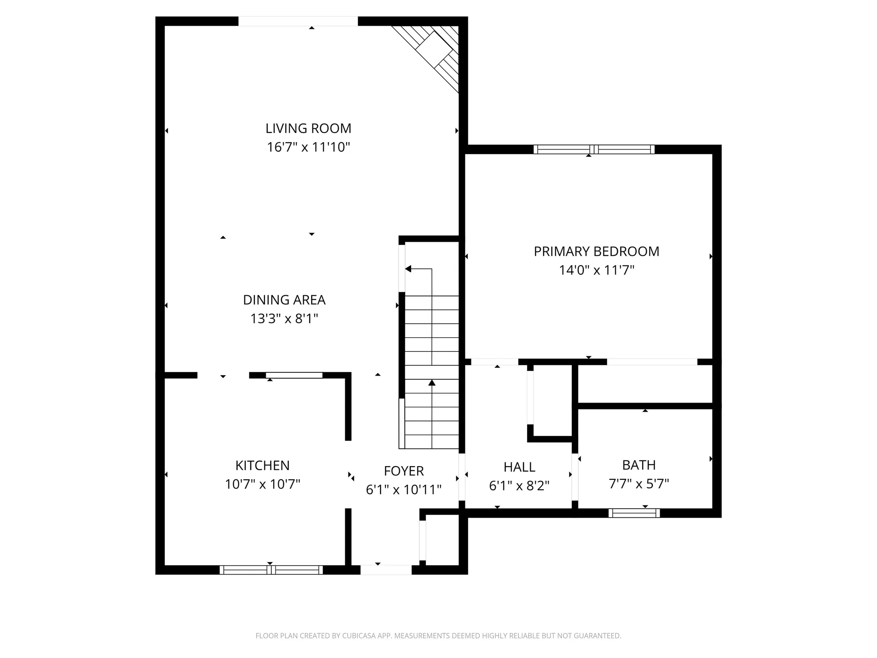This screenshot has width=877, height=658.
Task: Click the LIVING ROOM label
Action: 308,128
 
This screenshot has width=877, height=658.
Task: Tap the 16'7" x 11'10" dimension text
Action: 308,147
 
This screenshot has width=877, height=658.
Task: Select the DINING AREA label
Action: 284,300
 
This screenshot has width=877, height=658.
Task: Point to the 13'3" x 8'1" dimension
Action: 284,318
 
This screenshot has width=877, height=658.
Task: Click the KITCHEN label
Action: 262,465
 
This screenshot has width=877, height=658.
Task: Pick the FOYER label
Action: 404,471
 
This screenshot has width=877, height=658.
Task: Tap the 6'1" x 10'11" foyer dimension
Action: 404,489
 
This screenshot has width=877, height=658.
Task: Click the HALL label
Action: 519,467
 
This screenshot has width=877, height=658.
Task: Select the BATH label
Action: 639,465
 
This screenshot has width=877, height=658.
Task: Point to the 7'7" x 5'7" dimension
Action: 639,483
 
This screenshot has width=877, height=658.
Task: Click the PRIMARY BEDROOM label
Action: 597,251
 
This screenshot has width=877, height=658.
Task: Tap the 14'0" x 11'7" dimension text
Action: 597,270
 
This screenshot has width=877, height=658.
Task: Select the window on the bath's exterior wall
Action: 634,513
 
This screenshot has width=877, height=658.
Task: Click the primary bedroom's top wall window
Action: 594,149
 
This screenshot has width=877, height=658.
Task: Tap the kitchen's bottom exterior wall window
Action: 271,570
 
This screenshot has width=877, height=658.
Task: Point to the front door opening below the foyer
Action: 386,570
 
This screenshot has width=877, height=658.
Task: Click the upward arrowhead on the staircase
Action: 432,382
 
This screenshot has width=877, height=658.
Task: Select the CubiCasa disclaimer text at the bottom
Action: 438,636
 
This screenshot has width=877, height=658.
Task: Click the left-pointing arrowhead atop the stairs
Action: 408,269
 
